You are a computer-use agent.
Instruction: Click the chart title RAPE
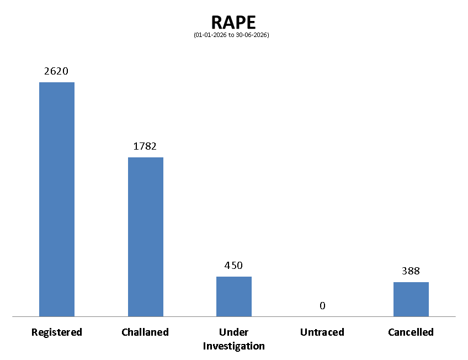click(233, 23)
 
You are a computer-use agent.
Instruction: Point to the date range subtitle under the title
click(231, 35)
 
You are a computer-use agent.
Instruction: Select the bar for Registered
click(57, 199)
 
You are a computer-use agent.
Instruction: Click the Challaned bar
click(146, 237)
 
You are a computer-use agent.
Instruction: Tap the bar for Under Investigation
click(234, 297)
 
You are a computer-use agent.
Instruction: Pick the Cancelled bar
click(411, 299)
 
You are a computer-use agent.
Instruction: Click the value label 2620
click(56, 71)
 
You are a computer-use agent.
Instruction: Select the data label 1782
click(145, 146)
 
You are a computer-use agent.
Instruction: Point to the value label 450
click(233, 266)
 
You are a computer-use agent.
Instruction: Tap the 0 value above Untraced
click(322, 306)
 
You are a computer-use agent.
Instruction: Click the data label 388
click(411, 271)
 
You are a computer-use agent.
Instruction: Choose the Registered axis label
click(57, 332)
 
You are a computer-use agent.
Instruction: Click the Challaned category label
click(145, 332)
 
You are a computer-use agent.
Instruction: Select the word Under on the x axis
click(233, 332)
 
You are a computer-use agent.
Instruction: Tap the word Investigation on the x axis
click(233, 346)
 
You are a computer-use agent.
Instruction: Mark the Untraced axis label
click(322, 332)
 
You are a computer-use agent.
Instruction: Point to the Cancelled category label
click(411, 332)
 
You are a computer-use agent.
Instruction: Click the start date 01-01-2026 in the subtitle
click(211, 35)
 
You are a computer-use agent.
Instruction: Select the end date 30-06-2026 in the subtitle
click(251, 35)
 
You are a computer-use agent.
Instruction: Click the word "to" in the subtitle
click(231, 35)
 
